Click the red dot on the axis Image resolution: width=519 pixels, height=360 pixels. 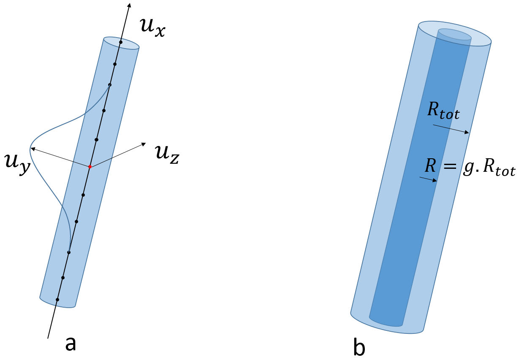pyautogui.click(x=90, y=167)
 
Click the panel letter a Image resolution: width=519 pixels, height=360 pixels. pyautogui.click(x=71, y=344)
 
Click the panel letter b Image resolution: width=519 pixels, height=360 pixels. pyautogui.click(x=359, y=348)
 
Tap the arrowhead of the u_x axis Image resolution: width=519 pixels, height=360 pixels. pyautogui.click(x=129, y=5)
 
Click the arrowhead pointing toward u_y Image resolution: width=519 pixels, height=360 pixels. pyautogui.click(x=32, y=149)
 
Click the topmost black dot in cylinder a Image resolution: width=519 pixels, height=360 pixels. pyautogui.click(x=121, y=42)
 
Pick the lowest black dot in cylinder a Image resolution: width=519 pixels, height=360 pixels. pyautogui.click(x=57, y=300)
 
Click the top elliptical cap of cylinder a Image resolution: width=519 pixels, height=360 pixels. pyautogui.click(x=122, y=43)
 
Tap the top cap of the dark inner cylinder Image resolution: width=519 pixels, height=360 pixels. pyautogui.click(x=455, y=34)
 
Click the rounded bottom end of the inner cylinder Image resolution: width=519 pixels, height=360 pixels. pyautogui.click(x=386, y=322)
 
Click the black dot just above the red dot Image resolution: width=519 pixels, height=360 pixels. pyautogui.click(x=97, y=139)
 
